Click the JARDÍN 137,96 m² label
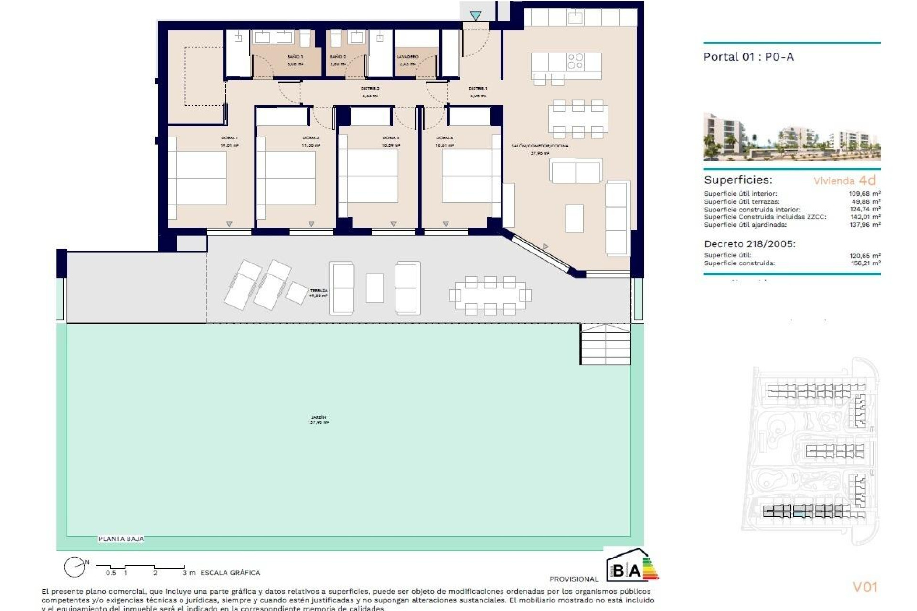[x=318, y=420]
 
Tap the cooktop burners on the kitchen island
[x=575, y=62]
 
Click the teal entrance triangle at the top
[x=475, y=16]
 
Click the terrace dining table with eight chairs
[x=490, y=295]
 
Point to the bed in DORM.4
[x=466, y=176]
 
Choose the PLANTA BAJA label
[x=121, y=538]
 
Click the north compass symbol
[x=75, y=567]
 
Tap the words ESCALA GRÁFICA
[x=230, y=572]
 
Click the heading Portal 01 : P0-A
[x=748, y=57]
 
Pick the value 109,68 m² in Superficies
[x=864, y=194]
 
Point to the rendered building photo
[x=791, y=137]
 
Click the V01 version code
[x=865, y=587]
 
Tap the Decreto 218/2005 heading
[x=749, y=244]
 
